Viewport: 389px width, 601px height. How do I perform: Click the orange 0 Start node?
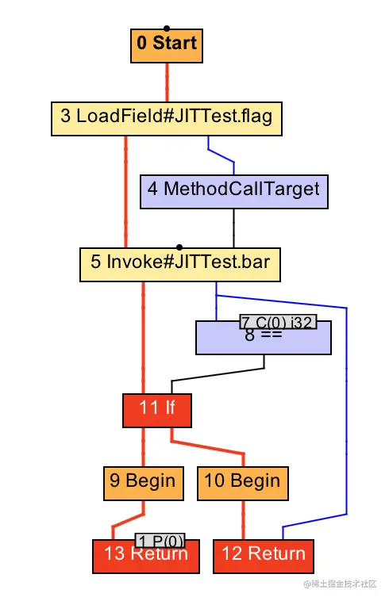[x=167, y=45]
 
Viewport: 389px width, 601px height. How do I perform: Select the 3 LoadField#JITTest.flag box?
[x=166, y=117]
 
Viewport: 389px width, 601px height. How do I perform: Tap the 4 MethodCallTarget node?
[x=233, y=190]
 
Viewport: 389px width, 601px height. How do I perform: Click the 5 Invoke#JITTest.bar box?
[x=180, y=263]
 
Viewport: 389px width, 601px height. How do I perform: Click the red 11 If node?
[x=156, y=409]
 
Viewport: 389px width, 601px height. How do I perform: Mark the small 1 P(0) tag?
[x=160, y=540]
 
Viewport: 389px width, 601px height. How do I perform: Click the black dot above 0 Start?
[x=166, y=28]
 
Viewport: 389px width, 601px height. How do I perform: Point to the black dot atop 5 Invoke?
[x=179, y=247]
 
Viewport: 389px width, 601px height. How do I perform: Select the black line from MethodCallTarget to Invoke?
[x=233, y=228]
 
